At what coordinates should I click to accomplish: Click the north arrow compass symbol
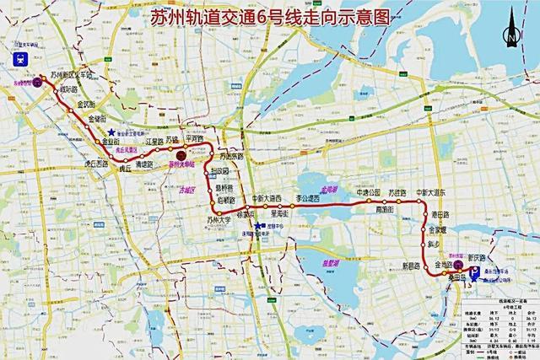coord(510,36)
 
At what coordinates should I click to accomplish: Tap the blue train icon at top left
coord(19,59)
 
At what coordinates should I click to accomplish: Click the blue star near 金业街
coord(111,132)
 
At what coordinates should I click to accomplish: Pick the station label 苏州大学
coord(219,220)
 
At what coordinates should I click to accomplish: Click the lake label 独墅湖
coord(313,261)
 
